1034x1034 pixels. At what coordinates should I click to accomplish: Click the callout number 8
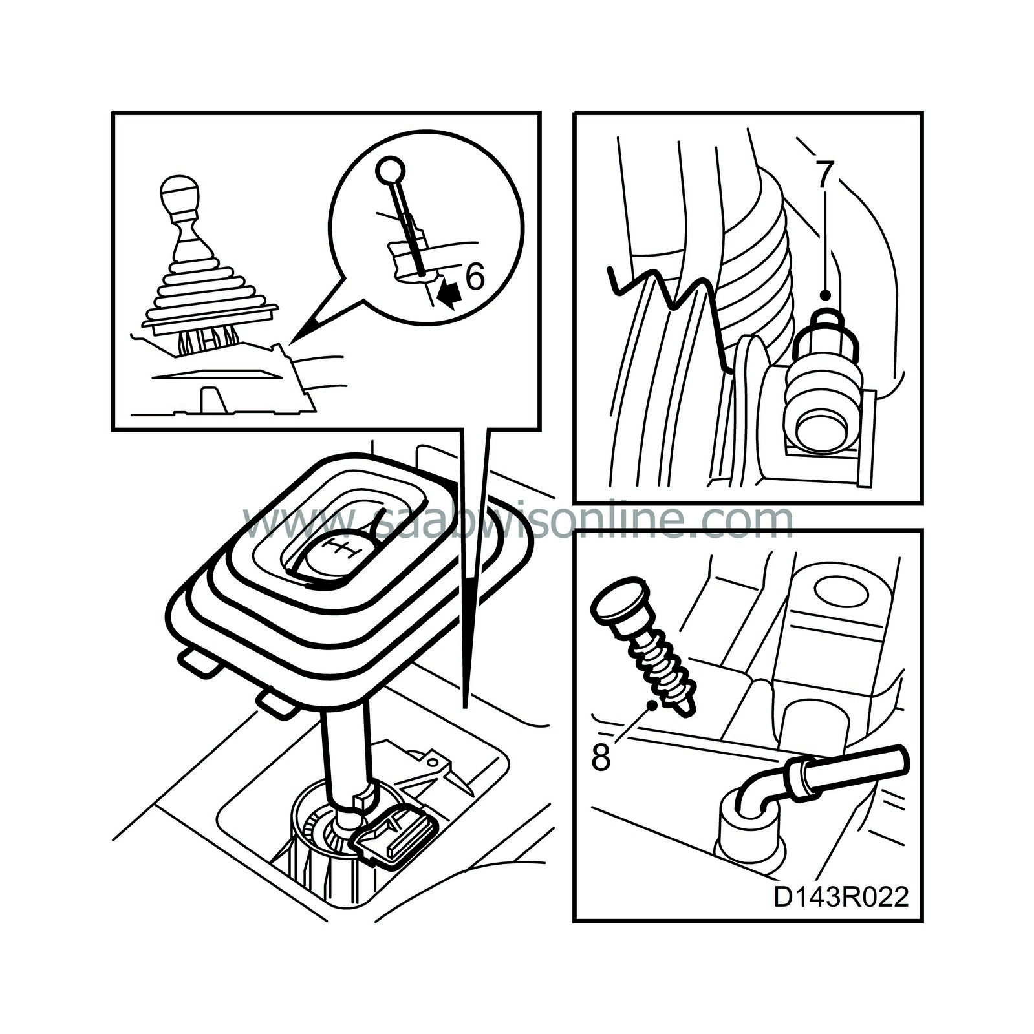pos(601,758)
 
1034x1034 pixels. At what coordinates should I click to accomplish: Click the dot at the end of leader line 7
pos(825,295)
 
